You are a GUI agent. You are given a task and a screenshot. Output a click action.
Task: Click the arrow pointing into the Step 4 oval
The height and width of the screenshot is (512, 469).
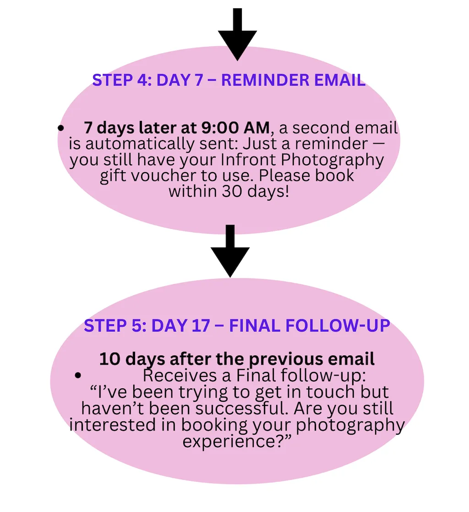point(237,34)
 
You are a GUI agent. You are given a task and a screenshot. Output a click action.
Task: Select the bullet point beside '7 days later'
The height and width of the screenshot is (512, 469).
point(61,129)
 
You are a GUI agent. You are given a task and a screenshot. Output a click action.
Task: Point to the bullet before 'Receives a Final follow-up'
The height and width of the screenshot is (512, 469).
point(78,376)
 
